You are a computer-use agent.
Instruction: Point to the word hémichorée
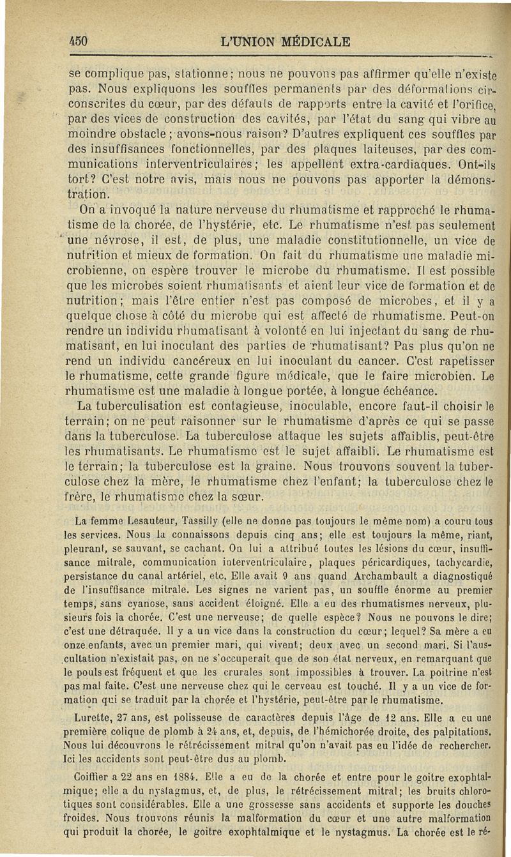tap(355, 731)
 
